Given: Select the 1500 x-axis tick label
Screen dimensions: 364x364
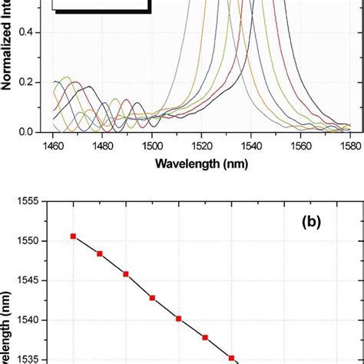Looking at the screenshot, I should pyautogui.click(x=152, y=145).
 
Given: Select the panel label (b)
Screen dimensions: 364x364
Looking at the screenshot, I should pyautogui.click(x=316, y=223).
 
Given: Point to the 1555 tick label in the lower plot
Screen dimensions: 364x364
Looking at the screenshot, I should pyautogui.click(x=31, y=201).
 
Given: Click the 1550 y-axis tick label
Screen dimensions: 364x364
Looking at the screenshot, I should pyautogui.click(x=31, y=240).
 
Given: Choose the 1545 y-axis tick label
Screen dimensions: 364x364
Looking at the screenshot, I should pyautogui.click(x=31, y=280).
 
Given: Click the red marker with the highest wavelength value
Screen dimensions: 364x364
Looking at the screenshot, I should pyautogui.click(x=73, y=236).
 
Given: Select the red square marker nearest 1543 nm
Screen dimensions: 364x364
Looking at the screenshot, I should pyautogui.click(x=152, y=297).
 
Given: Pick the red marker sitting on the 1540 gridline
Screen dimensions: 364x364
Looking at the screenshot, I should pyautogui.click(x=178, y=318).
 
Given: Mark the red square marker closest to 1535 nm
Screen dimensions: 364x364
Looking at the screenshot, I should pyautogui.click(x=231, y=358).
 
